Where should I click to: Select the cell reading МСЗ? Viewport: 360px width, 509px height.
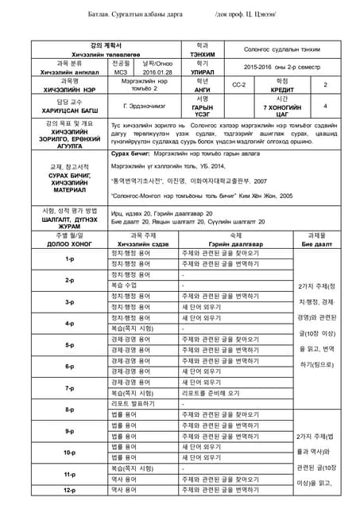(x=122, y=72)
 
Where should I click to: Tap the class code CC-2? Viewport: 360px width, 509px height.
(x=238, y=84)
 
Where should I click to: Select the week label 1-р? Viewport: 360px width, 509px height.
(x=68, y=258)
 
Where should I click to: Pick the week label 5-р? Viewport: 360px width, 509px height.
(x=68, y=345)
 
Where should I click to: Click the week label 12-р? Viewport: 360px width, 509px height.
(x=68, y=491)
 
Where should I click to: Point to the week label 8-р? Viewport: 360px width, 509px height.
(x=68, y=410)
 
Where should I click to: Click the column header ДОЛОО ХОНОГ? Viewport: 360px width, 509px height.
(x=68, y=243)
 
